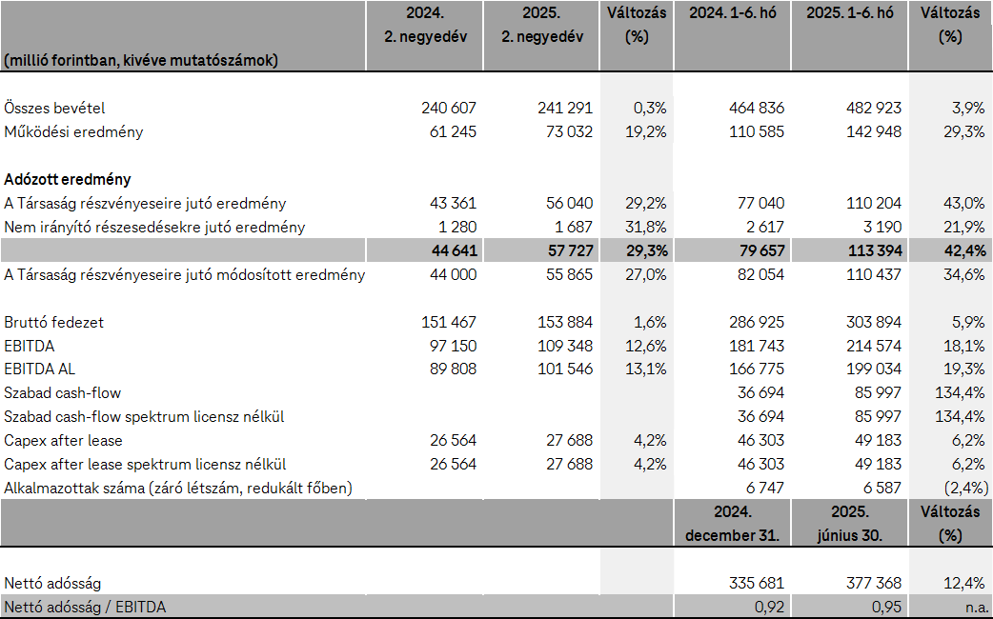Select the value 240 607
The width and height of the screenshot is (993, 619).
pyautogui.click(x=448, y=109)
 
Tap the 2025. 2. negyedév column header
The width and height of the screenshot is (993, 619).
pyautogui.click(x=540, y=25)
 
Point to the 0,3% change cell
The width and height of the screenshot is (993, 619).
pyautogui.click(x=649, y=109)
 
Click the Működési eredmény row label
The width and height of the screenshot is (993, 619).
pyautogui.click(x=73, y=132)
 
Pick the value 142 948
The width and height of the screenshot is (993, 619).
pyautogui.click(x=868, y=132)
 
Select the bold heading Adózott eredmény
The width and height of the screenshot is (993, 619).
pyautogui.click(x=68, y=179)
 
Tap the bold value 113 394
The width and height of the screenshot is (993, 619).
pyautogui.click(x=868, y=251)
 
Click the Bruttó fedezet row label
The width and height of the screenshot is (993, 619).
pyautogui.click(x=53, y=323)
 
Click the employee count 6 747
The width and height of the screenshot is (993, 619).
pyautogui.click(x=762, y=489)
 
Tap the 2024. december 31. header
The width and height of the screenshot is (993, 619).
pyautogui.click(x=732, y=523)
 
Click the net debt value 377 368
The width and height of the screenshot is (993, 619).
pyautogui.click(x=868, y=583)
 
